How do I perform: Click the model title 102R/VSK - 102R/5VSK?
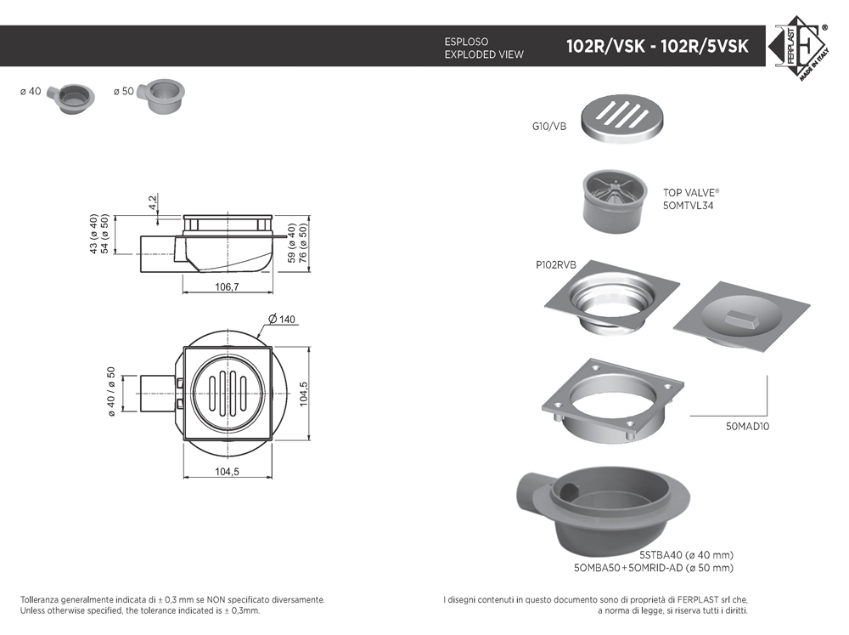pyautogui.click(x=657, y=46)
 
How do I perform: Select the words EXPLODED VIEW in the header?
pyautogui.click(x=484, y=54)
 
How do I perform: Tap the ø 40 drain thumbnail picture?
pyautogui.click(x=70, y=98)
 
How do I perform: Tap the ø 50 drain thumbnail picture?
pyautogui.click(x=161, y=96)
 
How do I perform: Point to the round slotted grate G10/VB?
pyautogui.click(x=622, y=119)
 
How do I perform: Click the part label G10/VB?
pyautogui.click(x=549, y=127)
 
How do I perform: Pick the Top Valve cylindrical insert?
pyautogui.click(x=615, y=201)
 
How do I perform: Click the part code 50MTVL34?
pyautogui.click(x=689, y=206)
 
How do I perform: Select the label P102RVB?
pyautogui.click(x=556, y=264)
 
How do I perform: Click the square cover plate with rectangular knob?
pyautogui.click(x=741, y=319)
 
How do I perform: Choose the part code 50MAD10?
pyautogui.click(x=747, y=426)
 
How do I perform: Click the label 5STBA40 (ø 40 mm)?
pyautogui.click(x=687, y=555)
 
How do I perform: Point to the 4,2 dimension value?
pyautogui.click(x=153, y=203)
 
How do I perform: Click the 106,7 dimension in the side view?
pyautogui.click(x=227, y=286)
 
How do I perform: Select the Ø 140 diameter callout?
pyautogui.click(x=282, y=319)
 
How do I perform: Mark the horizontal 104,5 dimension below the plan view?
pyautogui.click(x=227, y=471)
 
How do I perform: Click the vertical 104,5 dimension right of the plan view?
pyautogui.click(x=303, y=394)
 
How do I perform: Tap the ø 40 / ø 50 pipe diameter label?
pyautogui.click(x=111, y=392)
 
